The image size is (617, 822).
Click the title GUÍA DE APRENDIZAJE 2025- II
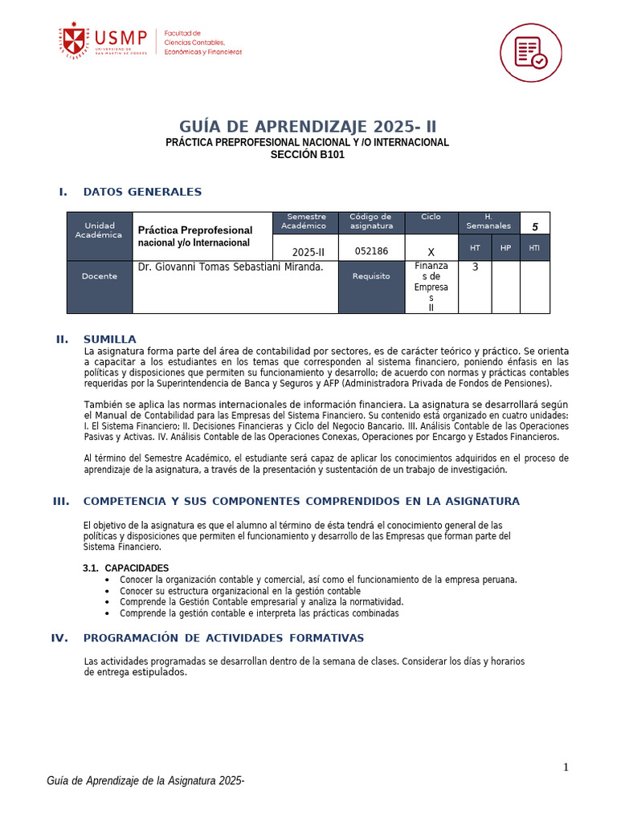308,127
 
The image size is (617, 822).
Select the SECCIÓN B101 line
308,155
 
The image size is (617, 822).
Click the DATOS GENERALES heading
142,192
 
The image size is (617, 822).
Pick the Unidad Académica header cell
100,230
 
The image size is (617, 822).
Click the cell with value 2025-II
306,250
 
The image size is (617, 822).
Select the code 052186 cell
371,250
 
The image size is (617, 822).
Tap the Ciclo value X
431,250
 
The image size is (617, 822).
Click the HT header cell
475,248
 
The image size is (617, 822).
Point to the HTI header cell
534,248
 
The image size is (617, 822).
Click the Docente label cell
100,276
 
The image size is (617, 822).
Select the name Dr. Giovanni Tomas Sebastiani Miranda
231,267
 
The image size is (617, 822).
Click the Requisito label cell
371,276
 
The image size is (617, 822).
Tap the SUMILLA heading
110,339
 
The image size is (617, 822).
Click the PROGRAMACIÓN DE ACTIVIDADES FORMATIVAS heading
223,638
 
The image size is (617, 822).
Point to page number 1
566,767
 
